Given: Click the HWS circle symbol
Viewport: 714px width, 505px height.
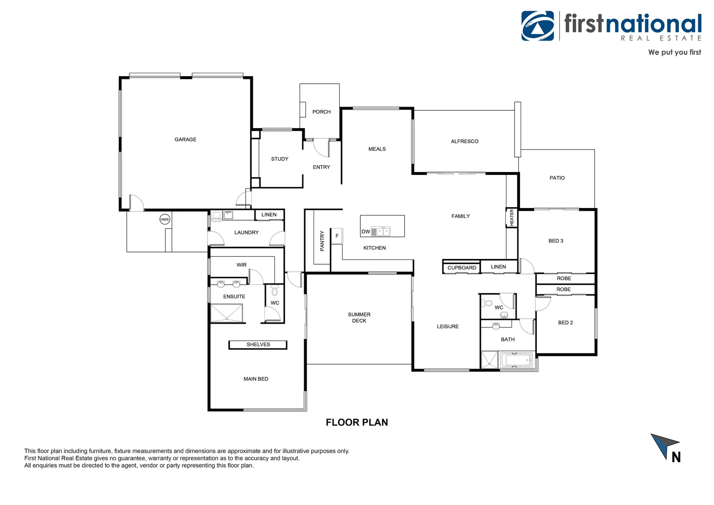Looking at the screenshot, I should [164, 219].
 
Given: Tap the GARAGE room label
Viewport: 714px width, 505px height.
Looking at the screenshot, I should [186, 139].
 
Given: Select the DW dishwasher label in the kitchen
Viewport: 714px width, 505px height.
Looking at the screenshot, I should [366, 231].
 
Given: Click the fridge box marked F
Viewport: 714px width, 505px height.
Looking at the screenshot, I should [337, 236].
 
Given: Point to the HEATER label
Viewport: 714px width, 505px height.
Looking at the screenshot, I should [512, 218].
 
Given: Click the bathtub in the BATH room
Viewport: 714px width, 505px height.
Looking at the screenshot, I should [516, 361].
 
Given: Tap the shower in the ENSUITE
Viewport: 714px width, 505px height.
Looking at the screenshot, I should [227, 313].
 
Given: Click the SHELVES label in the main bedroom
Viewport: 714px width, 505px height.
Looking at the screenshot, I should [258, 345].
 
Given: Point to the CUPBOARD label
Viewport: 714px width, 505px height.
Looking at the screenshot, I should [462, 268].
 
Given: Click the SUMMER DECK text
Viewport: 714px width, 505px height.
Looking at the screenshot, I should [359, 317].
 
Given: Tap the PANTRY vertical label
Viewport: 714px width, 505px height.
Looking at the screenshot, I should [322, 241].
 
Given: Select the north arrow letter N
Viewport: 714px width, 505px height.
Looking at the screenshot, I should [676, 457].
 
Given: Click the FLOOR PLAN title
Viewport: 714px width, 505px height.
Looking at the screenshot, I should [357, 422].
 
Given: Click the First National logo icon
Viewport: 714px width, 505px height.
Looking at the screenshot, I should [538, 26].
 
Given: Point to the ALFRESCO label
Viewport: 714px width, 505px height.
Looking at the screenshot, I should [464, 141].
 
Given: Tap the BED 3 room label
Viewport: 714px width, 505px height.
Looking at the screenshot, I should [556, 241].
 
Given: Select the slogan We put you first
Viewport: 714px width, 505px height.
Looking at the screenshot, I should [674, 52].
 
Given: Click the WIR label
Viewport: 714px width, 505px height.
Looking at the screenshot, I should [241, 265].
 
